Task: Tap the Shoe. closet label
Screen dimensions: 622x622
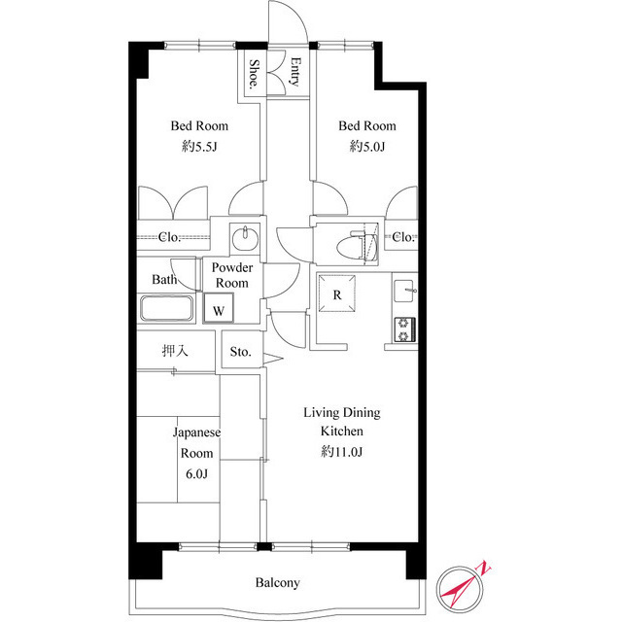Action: (x=253, y=74)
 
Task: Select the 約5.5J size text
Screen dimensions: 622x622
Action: (x=198, y=147)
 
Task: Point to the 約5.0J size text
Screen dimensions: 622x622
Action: (x=366, y=147)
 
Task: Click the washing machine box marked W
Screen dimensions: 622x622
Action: (x=219, y=310)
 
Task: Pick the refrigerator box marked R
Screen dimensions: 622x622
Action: (x=337, y=295)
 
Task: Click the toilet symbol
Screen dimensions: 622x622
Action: (x=349, y=243)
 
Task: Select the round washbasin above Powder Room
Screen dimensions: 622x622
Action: (x=245, y=237)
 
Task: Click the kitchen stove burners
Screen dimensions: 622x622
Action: (x=404, y=329)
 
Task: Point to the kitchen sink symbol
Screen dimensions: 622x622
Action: (x=404, y=290)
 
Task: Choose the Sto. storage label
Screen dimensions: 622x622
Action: (x=241, y=352)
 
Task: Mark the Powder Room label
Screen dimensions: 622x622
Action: (x=232, y=275)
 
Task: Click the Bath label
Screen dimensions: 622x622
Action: (x=163, y=280)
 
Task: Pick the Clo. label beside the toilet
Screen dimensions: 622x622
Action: (x=403, y=237)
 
